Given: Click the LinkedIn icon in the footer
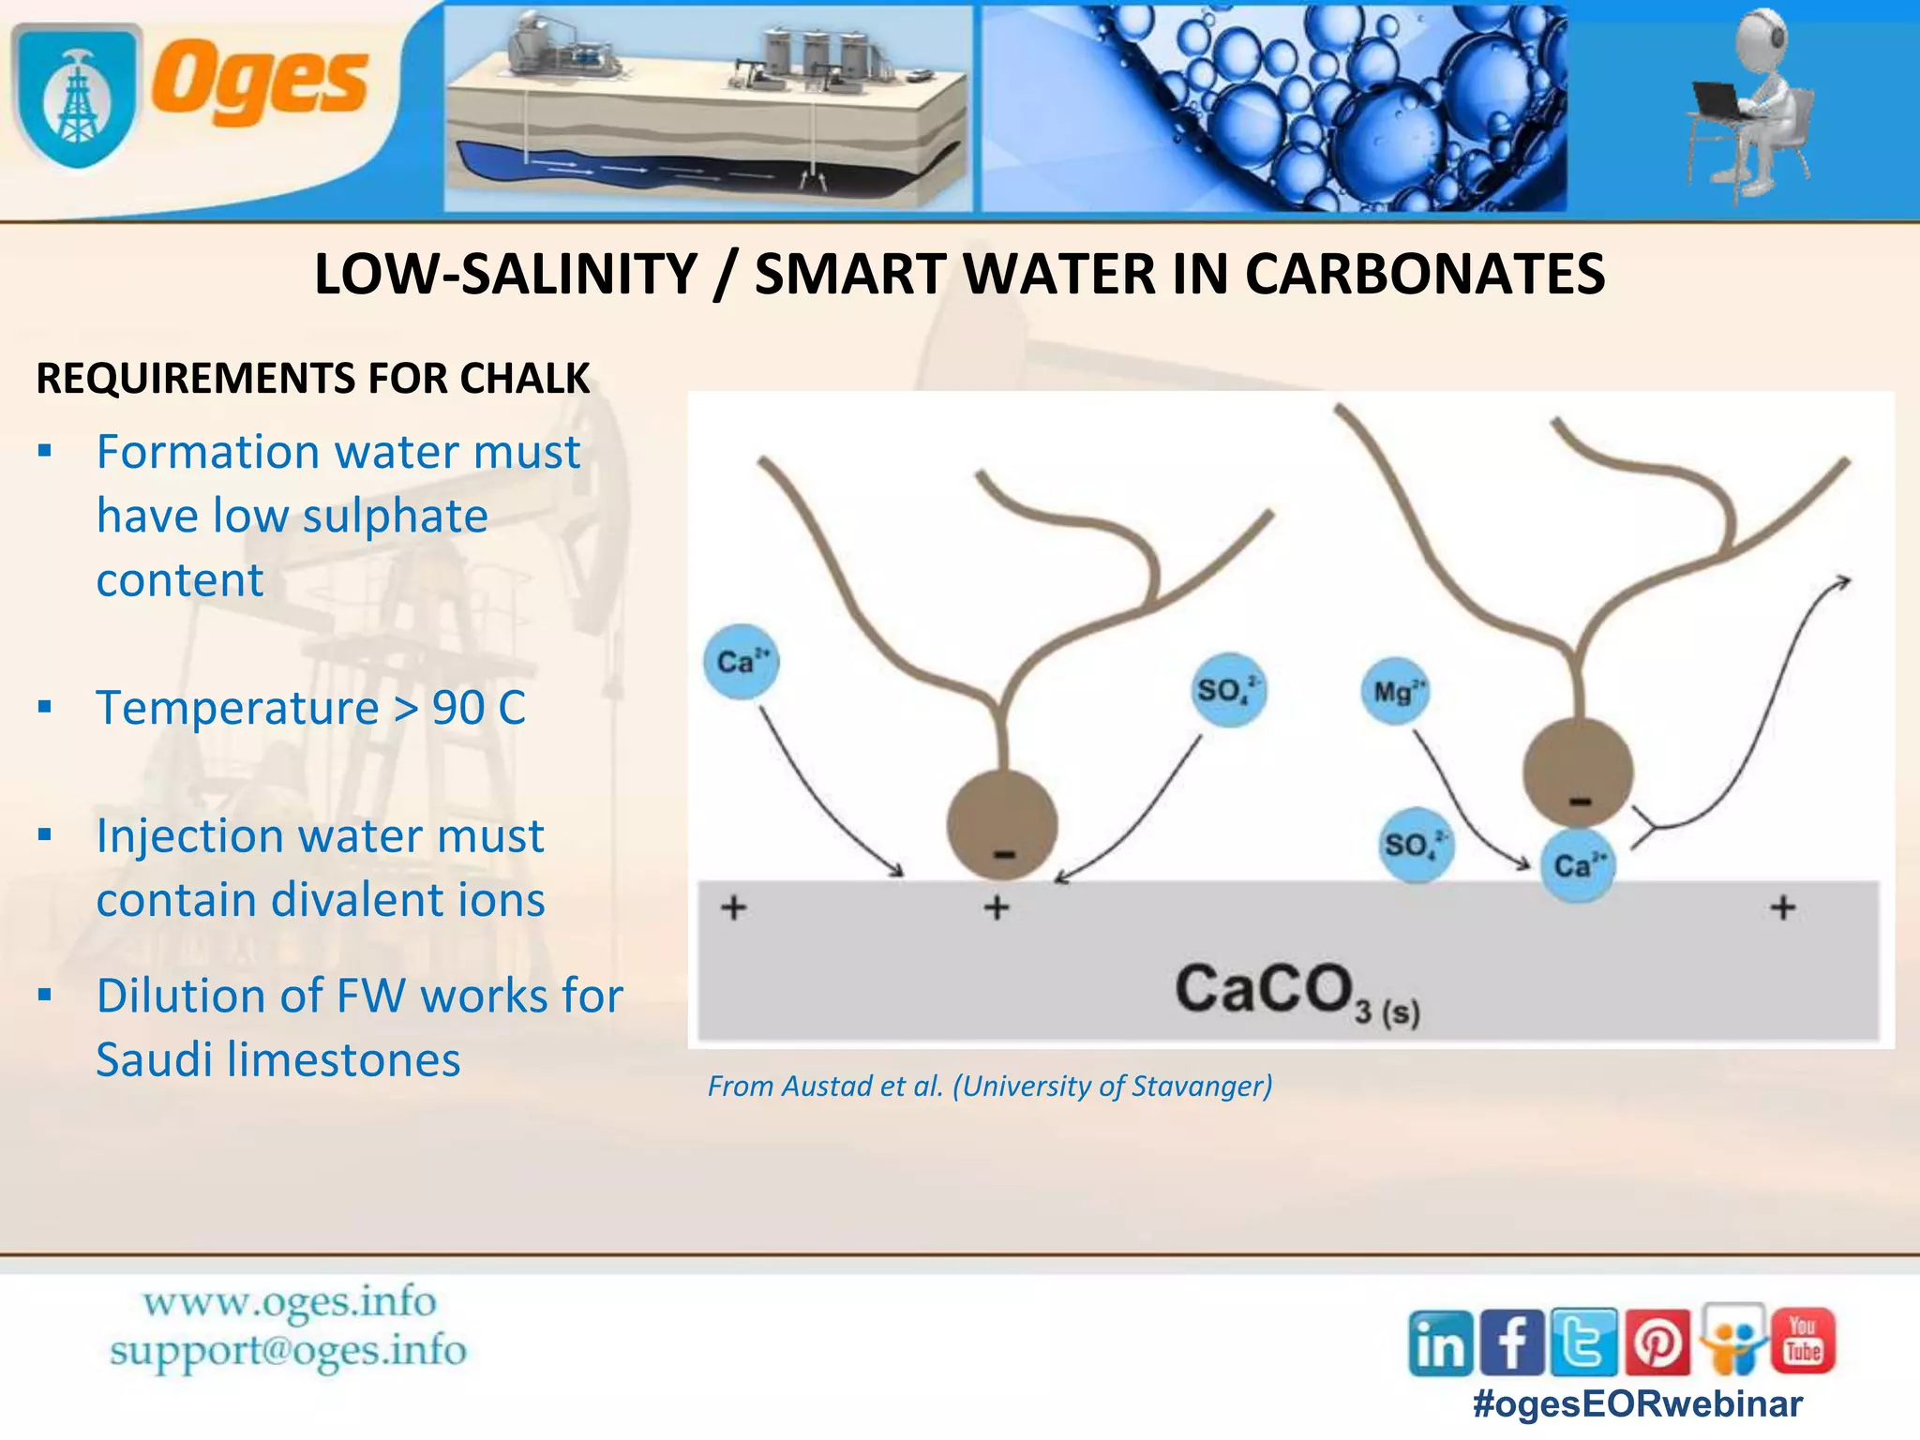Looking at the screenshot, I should pyautogui.click(x=1440, y=1343).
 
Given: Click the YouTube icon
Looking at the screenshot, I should pyautogui.click(x=1803, y=1340).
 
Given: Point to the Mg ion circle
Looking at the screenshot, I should pyautogui.click(x=1395, y=692).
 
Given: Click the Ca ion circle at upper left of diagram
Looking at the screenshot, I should pyautogui.click(x=741, y=662).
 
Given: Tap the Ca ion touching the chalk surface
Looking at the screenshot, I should pyautogui.click(x=1578, y=865).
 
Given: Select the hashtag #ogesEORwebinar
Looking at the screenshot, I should pyautogui.click(x=1637, y=1403).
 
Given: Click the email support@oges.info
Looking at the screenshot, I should pyautogui.click(x=288, y=1351).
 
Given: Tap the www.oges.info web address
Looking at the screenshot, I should pyautogui.click(x=290, y=1302).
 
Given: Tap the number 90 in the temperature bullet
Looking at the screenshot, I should pyautogui.click(x=457, y=708).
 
